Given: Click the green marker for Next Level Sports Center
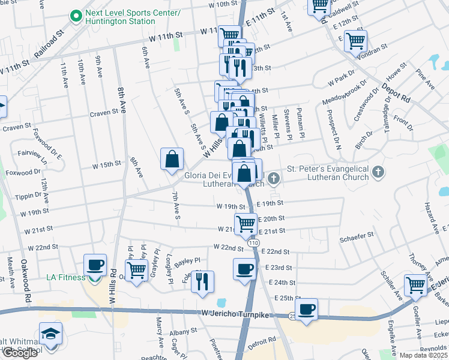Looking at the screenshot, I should (76, 16).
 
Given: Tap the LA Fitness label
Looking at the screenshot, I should (67, 277).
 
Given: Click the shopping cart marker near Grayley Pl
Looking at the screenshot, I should (136, 270).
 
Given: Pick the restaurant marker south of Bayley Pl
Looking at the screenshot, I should (203, 281).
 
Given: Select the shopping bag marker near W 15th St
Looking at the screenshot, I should (172, 159).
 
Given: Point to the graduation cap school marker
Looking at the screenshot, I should (51, 334).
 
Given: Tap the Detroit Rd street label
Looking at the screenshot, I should (263, 340).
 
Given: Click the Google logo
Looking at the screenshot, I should (20, 353).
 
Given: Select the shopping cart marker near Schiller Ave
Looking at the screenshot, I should (415, 285).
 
